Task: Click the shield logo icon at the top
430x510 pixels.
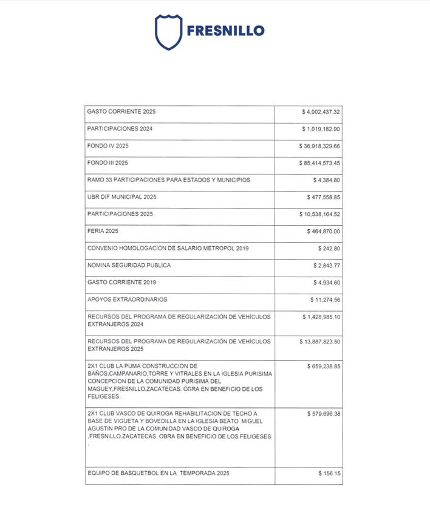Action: point(168,32)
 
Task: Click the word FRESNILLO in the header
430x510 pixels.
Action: point(225,30)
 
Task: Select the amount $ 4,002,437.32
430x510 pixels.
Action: point(321,112)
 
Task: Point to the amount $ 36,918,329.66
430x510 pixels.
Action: point(319,146)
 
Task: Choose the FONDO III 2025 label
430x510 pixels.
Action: point(107,163)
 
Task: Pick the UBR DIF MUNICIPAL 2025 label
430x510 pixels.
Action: point(122,197)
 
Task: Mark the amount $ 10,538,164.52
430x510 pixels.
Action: point(319,215)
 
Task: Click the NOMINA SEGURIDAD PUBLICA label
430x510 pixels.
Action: point(129,266)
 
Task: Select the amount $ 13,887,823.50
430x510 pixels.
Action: point(319,342)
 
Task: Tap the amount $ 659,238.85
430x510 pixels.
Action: point(324,367)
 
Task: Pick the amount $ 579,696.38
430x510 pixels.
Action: point(324,413)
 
